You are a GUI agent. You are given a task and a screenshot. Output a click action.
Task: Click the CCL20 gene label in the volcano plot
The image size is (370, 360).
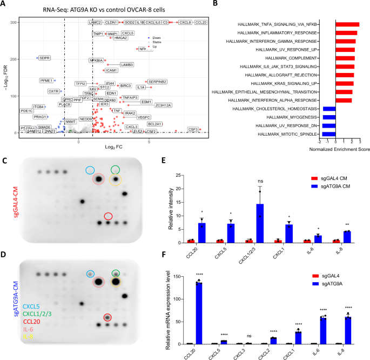(x=200, y=22)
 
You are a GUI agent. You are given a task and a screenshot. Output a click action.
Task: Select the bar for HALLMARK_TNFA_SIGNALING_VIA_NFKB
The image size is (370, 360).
(x=347, y=24)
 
